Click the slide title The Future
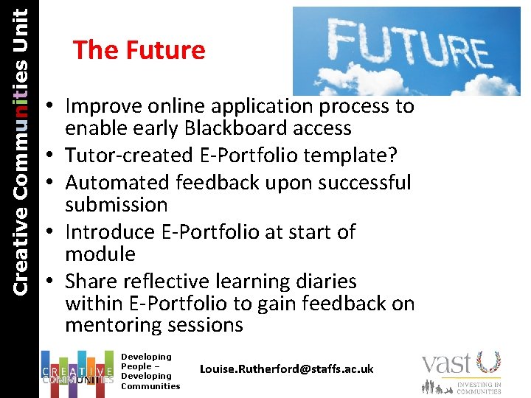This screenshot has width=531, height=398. (x=139, y=50)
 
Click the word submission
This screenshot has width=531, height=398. (x=117, y=204)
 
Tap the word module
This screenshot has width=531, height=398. (x=100, y=254)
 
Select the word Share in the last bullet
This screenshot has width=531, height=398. (x=89, y=282)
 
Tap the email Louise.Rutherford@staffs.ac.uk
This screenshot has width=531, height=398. (x=287, y=369)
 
